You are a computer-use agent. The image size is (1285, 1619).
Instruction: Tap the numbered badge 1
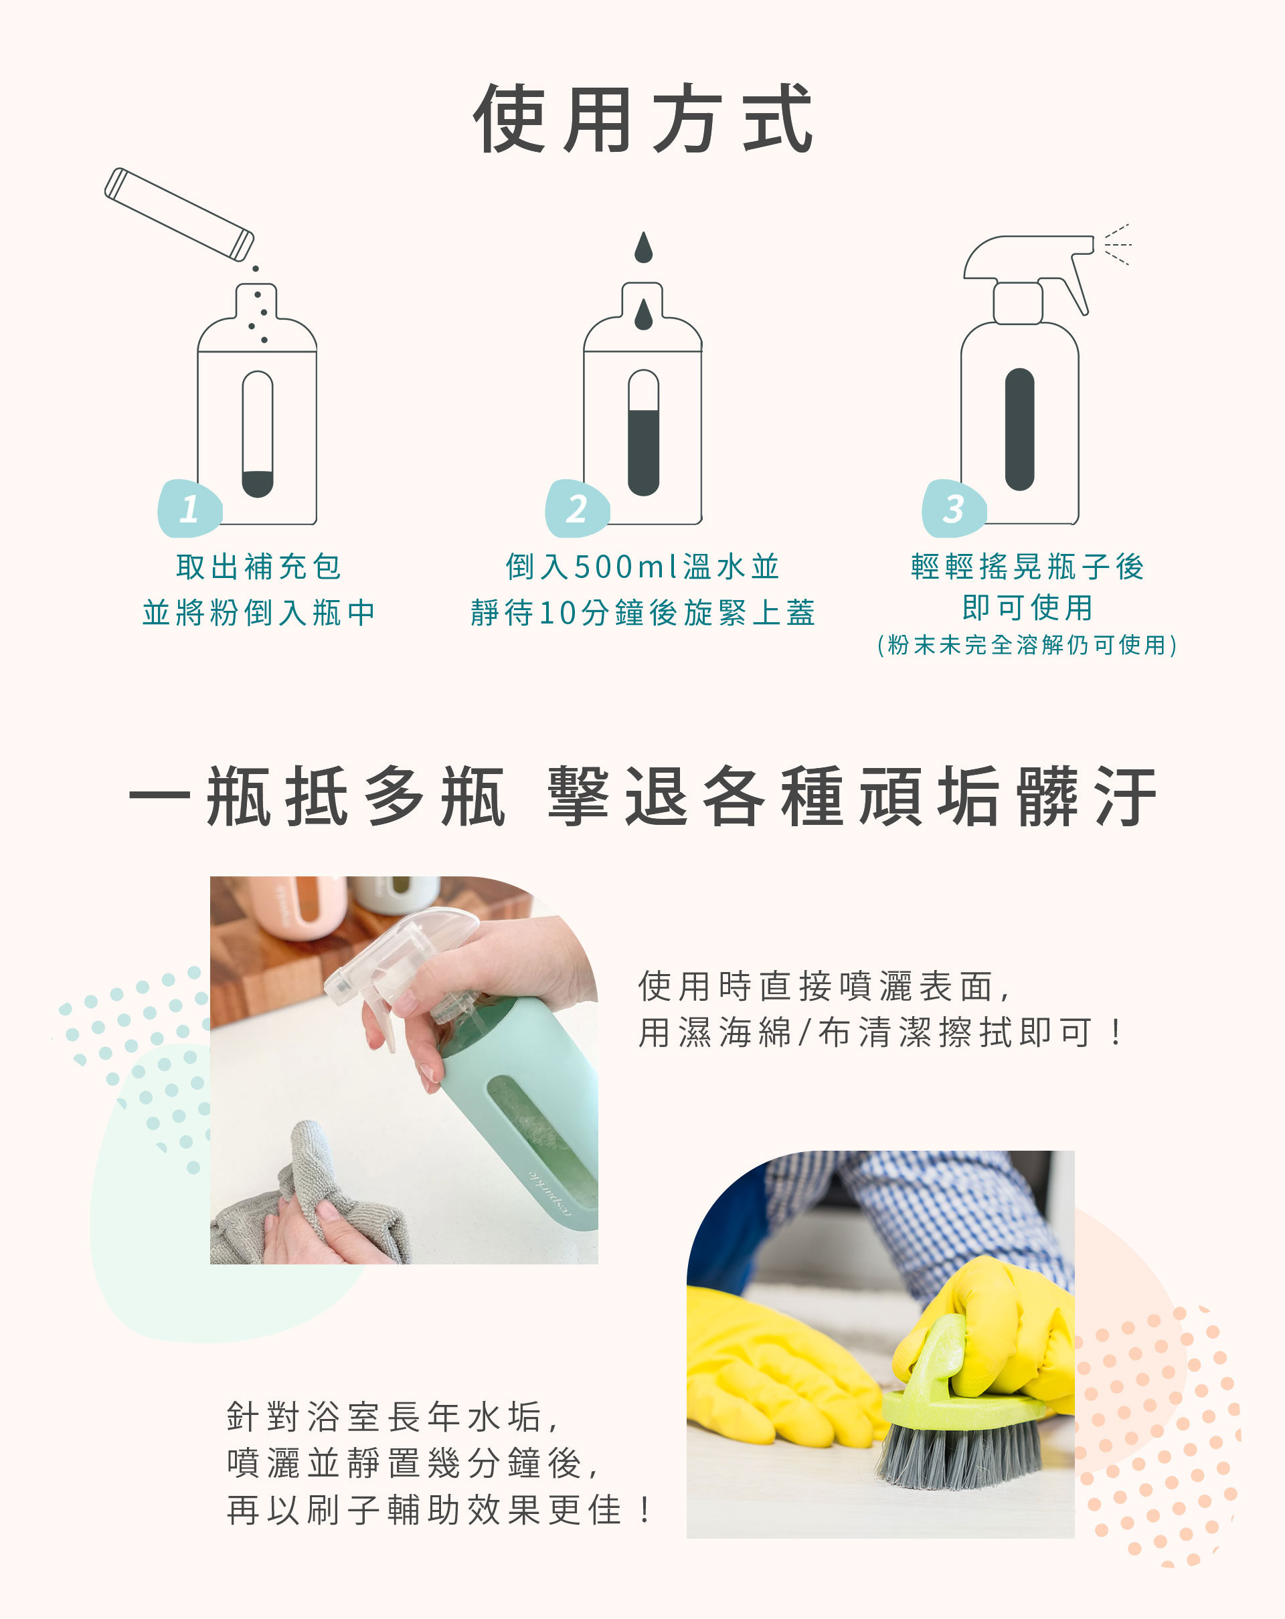point(189,508)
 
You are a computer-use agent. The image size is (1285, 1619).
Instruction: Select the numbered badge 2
point(577,508)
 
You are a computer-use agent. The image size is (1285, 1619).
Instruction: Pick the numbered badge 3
point(954,508)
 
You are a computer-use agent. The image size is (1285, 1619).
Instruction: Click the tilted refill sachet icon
point(179,215)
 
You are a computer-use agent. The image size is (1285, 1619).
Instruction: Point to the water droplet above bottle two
point(643,247)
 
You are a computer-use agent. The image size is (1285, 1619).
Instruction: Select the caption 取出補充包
point(258,567)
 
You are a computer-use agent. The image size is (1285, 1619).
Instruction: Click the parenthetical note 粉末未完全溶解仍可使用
point(1027,645)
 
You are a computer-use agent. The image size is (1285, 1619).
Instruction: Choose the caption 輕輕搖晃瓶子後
point(1027,567)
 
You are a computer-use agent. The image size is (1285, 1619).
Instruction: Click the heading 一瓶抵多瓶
point(318,797)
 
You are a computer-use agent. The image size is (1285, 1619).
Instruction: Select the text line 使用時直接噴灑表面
point(824,986)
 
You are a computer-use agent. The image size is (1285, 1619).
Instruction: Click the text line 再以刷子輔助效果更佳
point(439,1510)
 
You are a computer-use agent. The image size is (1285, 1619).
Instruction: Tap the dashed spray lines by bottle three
point(1118,245)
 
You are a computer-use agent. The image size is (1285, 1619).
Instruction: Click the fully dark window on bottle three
point(1019,430)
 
